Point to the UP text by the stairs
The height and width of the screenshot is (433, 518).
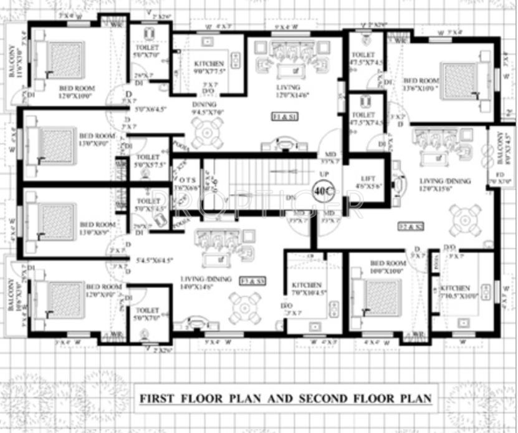click(324, 173)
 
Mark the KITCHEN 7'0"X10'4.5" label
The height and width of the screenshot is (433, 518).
click(307, 288)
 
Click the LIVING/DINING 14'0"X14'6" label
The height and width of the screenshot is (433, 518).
click(206, 282)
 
